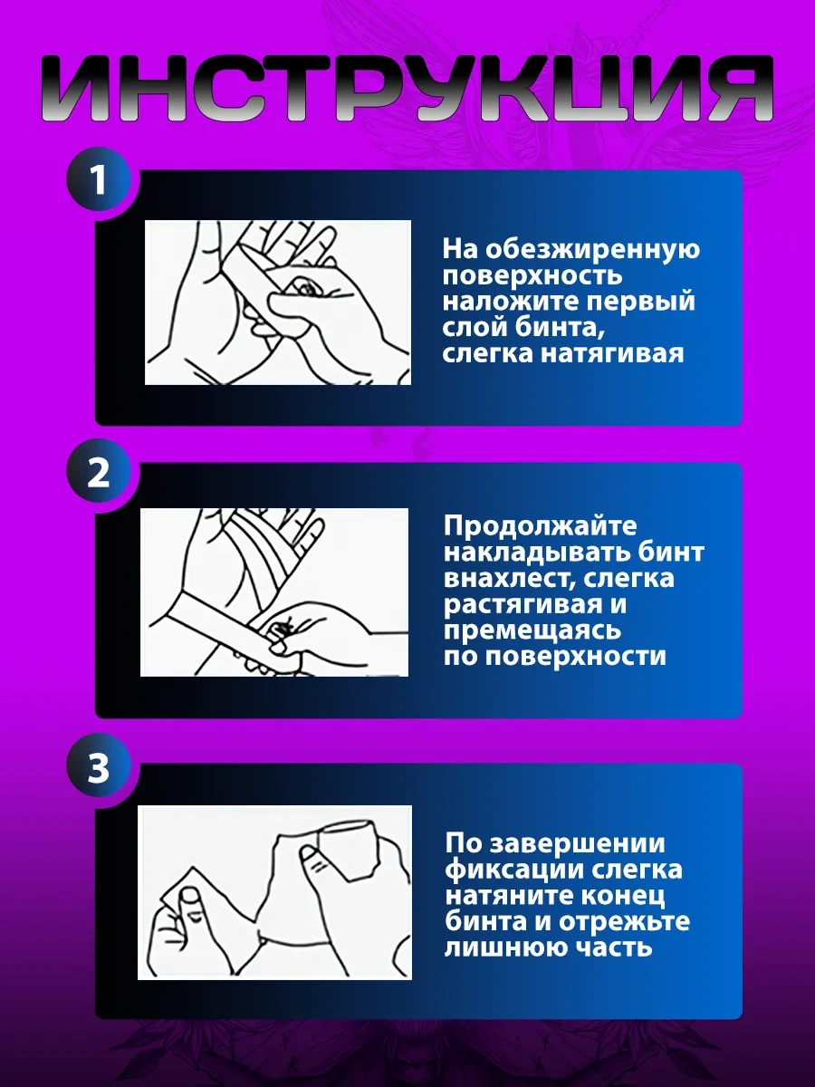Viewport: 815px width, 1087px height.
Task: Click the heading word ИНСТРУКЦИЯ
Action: coord(407,89)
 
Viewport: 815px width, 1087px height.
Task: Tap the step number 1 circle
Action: coord(99,180)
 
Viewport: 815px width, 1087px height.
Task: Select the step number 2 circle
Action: coord(99,472)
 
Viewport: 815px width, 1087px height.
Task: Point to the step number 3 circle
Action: coord(99,767)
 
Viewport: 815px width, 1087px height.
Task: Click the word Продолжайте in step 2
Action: coord(541,526)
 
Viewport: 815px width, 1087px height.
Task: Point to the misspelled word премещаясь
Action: coord(532,631)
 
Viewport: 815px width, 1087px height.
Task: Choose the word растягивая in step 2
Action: coord(521,605)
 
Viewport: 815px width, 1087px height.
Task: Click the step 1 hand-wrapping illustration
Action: coord(278,302)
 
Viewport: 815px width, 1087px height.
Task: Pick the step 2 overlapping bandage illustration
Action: coord(274,592)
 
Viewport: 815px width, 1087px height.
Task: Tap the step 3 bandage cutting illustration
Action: coord(274,892)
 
